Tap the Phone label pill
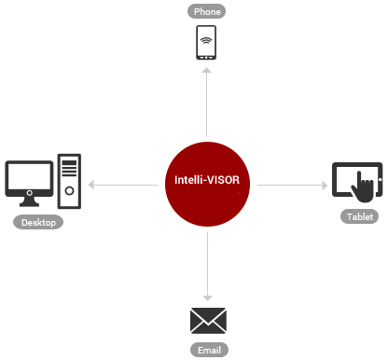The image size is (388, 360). [207, 12]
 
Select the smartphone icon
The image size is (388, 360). [207, 43]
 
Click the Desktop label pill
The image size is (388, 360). [38, 222]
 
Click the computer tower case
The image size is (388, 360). [70, 180]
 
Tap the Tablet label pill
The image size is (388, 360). [359, 216]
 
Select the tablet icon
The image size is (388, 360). [356, 180]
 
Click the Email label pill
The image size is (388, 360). [207, 351]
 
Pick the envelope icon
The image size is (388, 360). [207, 321]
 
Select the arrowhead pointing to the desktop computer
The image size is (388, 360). [90, 185]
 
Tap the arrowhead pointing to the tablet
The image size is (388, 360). [324, 185]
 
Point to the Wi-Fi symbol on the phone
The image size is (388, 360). [207, 40]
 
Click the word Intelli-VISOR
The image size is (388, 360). [207, 179]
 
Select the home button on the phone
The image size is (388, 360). [207, 55]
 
